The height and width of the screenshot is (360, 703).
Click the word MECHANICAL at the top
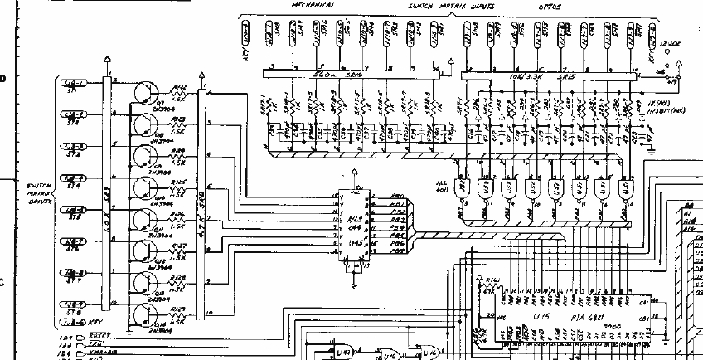point(312,5)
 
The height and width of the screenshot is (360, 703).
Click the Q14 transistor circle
point(148,316)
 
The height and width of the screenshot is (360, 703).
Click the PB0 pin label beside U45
point(397,197)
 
